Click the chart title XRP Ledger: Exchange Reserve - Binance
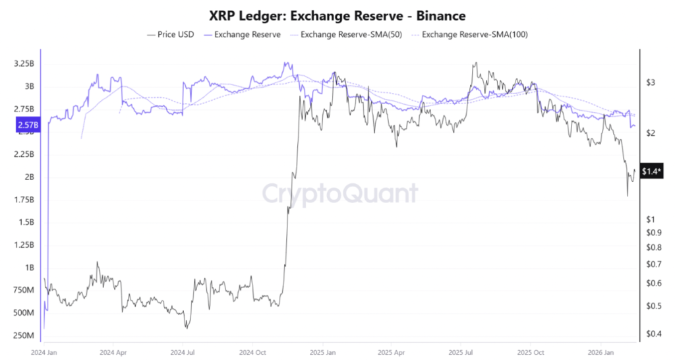click(x=337, y=15)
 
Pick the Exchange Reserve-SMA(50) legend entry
click(x=347, y=34)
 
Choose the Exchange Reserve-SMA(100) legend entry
click(x=470, y=34)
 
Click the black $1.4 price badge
click(x=653, y=171)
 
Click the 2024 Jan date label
click(x=44, y=352)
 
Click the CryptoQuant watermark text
click(x=339, y=193)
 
